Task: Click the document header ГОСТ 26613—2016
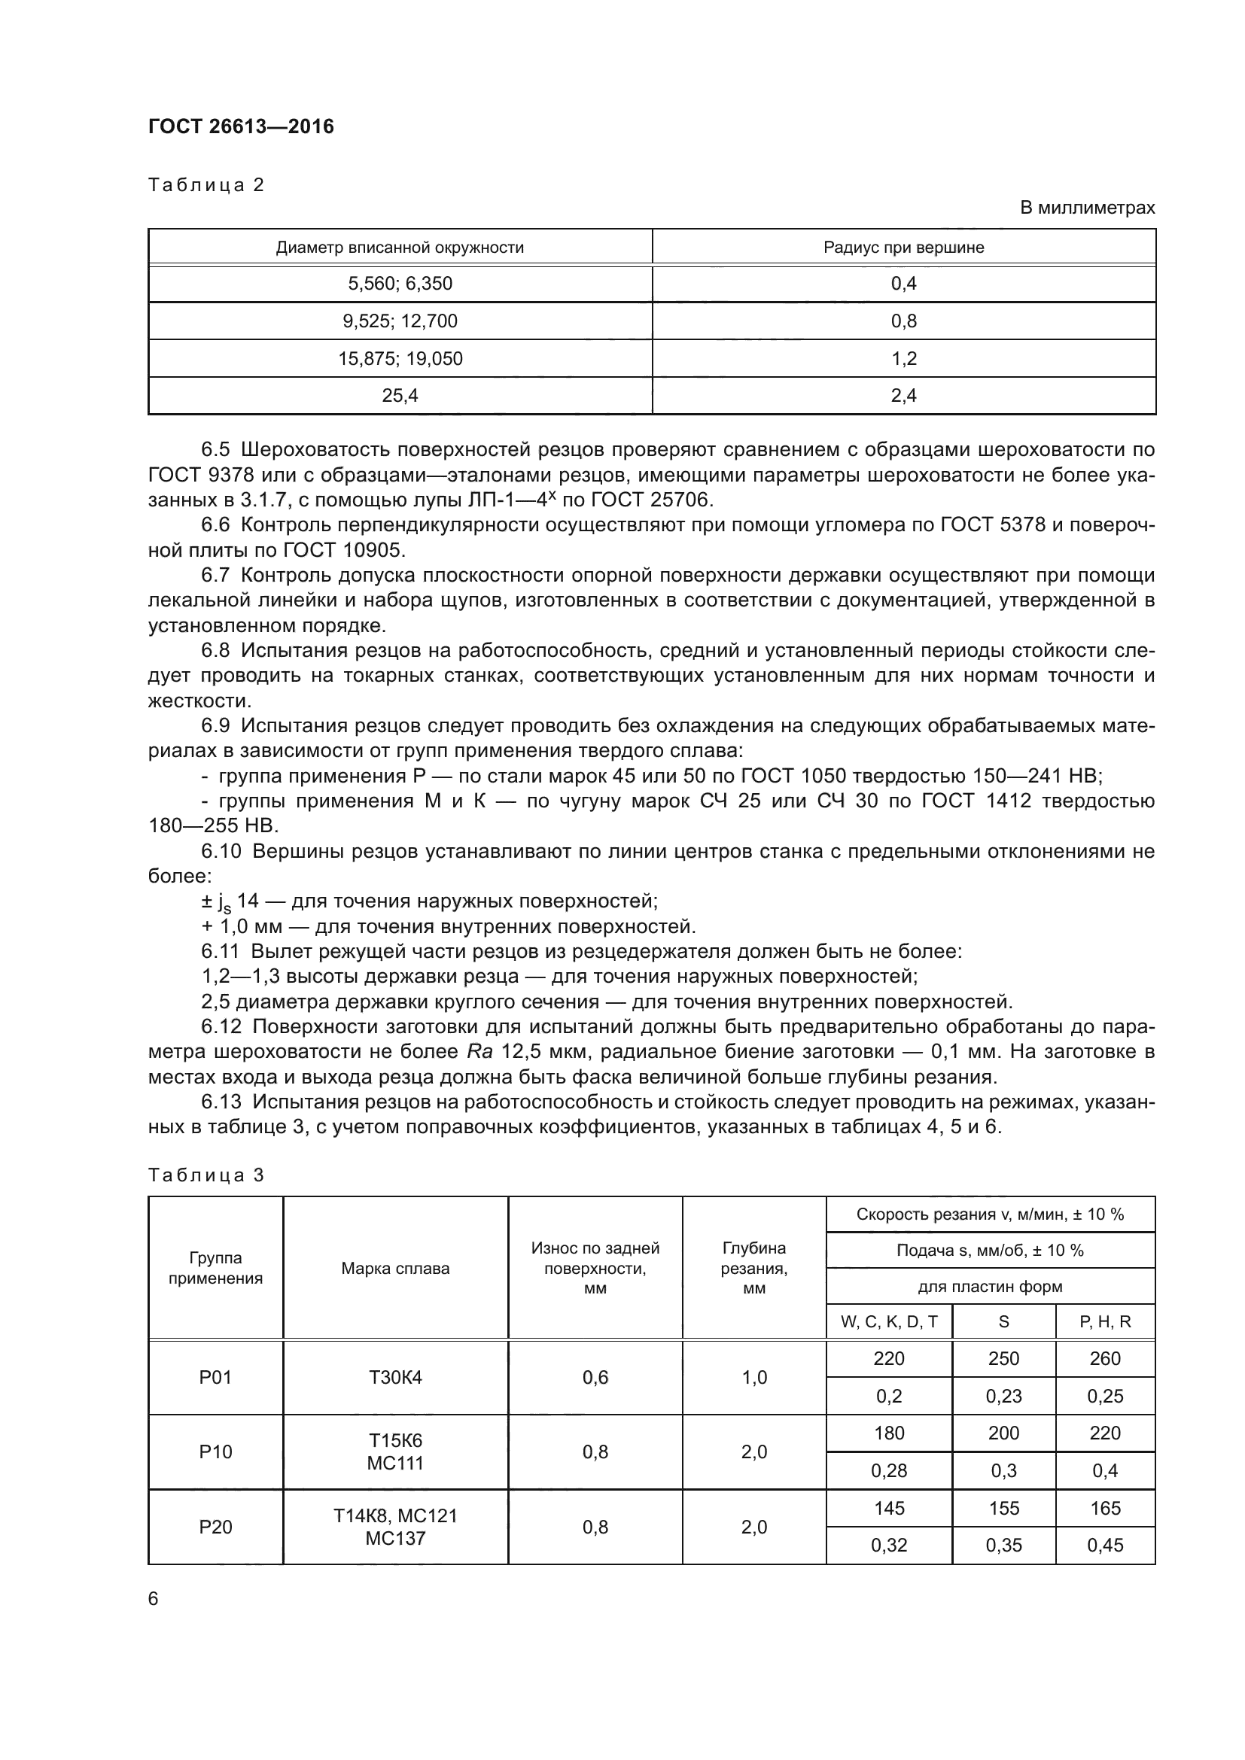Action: coord(241,126)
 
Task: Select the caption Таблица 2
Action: coord(206,185)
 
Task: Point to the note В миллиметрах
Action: coord(1087,208)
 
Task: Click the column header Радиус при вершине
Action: coord(903,248)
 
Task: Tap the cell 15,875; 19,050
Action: coord(400,359)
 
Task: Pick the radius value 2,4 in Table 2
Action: coord(903,396)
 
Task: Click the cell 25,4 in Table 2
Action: coord(400,396)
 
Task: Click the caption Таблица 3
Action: coord(206,1175)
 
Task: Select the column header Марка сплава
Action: coord(395,1268)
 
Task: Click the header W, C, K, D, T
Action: coord(888,1321)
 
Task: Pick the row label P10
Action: coord(215,1451)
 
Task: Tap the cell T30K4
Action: coord(395,1378)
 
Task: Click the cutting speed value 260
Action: coord(1105,1358)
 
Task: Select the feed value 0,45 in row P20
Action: coord(1105,1546)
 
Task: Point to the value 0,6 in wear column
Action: coord(595,1378)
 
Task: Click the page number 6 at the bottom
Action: coord(154,1599)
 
